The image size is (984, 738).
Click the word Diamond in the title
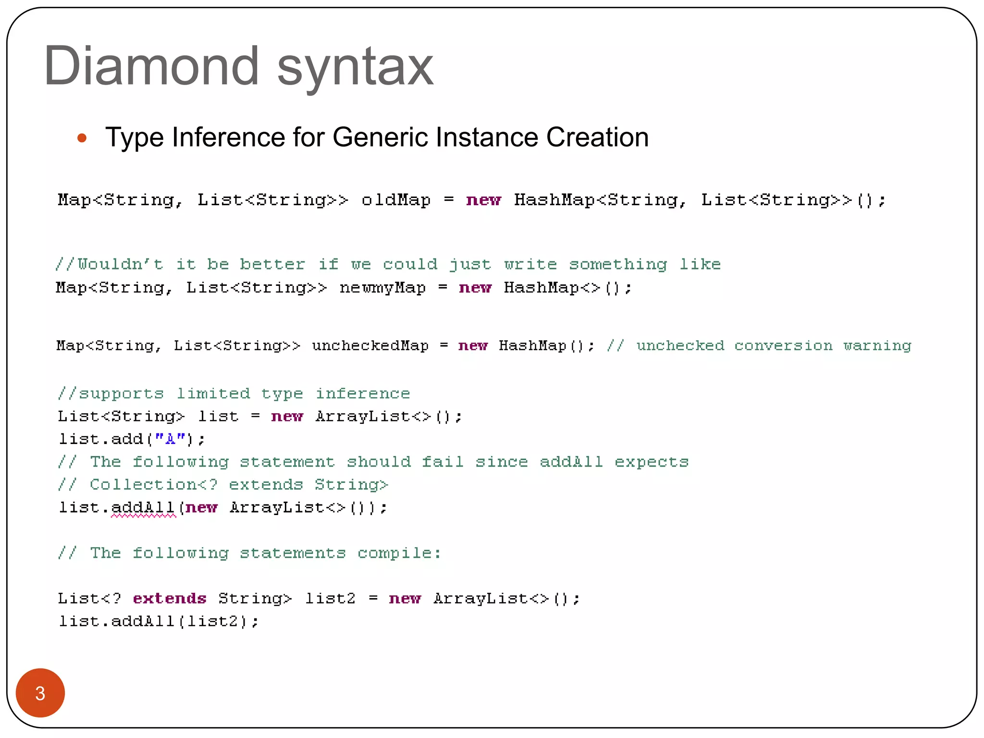pos(151,66)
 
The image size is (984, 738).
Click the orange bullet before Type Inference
pos(82,138)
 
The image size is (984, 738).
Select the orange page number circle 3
pos(40,692)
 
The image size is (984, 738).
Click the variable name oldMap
pos(396,200)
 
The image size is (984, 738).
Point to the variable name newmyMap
pos(382,288)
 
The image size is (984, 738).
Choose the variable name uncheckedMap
pos(370,345)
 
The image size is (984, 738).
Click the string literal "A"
pos(170,439)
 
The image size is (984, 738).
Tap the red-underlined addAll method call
pos(143,508)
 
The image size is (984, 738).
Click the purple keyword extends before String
pos(170,599)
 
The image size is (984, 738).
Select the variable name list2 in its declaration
pos(331,599)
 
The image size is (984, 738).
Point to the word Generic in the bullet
pos(380,137)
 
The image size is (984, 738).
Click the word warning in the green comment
pos(877,345)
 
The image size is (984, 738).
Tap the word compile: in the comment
pos(399,553)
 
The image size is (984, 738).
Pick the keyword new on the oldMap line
pos(483,200)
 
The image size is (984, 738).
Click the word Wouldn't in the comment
pos(120,264)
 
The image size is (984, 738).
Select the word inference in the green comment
pos(363,394)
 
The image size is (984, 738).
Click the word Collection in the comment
pos(143,484)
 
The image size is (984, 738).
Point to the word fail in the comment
pos(443,462)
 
